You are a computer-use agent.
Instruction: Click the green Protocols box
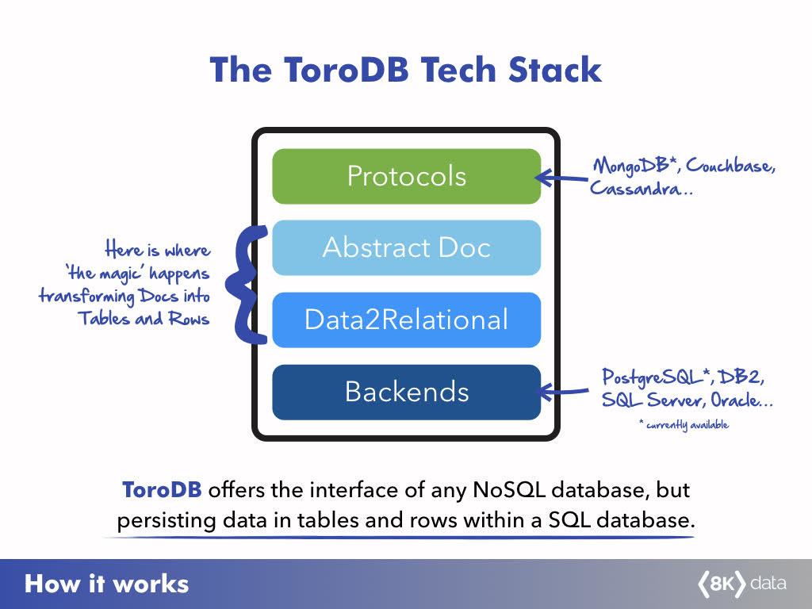click(406, 176)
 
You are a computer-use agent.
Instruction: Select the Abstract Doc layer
click(406, 247)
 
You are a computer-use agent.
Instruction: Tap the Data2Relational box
click(406, 320)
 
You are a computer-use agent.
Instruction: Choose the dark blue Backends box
click(406, 392)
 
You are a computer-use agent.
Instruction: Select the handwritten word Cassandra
click(632, 190)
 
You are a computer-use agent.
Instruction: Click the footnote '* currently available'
click(683, 425)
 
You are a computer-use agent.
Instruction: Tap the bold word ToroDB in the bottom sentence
click(162, 490)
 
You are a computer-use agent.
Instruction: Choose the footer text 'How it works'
click(107, 585)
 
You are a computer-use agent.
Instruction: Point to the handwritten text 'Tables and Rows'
click(144, 319)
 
